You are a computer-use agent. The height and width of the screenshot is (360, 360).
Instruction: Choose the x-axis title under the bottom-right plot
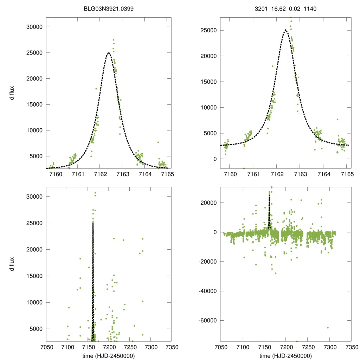tap(285, 356)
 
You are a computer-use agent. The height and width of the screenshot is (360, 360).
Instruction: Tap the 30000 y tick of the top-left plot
tap(35, 27)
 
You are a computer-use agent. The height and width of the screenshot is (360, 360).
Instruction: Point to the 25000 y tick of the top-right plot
tap(210, 30)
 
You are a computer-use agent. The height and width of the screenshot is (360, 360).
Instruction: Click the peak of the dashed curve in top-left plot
tap(109, 53)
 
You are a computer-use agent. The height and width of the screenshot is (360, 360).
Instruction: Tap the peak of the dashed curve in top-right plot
tap(285, 30)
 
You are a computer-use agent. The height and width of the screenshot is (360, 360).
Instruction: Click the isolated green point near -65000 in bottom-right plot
tap(328, 328)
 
